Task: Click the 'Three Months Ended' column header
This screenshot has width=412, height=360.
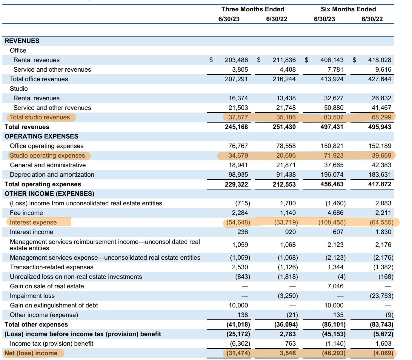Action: pyautogui.click(x=253, y=9)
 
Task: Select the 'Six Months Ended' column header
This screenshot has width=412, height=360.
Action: pyautogui.click(x=348, y=9)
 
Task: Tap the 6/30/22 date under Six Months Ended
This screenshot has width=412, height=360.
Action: pyautogui.click(x=372, y=19)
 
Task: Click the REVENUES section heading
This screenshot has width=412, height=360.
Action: pyautogui.click(x=22, y=41)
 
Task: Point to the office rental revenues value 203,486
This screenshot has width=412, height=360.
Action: pyautogui.click(x=236, y=60)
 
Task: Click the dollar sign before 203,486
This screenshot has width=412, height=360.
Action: pyautogui.click(x=211, y=60)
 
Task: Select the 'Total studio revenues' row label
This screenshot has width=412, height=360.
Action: pyautogui.click(x=40, y=117)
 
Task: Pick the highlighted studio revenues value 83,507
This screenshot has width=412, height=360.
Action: pyautogui.click(x=333, y=117)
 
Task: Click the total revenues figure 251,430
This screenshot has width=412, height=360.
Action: pyautogui.click(x=284, y=127)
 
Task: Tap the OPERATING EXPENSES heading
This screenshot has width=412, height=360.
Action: pyautogui.click(x=41, y=136)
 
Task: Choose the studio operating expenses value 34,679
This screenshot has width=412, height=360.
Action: pyautogui.click(x=238, y=156)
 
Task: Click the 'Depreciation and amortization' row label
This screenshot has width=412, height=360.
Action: pyautogui.click(x=52, y=175)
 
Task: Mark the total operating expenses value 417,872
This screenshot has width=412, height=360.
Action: pyautogui.click(x=379, y=184)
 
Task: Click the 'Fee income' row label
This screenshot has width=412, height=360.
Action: pyautogui.click(x=26, y=213)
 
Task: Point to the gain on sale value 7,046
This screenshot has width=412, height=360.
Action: pyautogui.click(x=335, y=286)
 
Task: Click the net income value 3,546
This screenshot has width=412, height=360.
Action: pyautogui.click(x=288, y=353)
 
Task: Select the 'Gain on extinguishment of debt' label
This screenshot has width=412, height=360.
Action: pyautogui.click(x=54, y=305)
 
